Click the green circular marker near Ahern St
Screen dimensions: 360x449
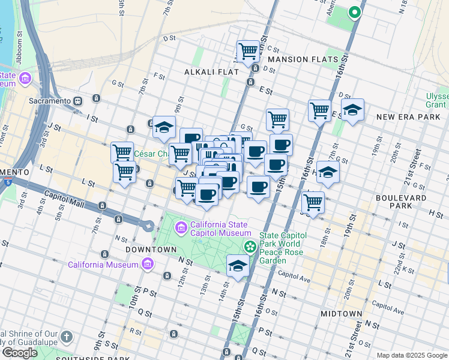354,11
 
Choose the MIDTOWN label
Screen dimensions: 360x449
342,314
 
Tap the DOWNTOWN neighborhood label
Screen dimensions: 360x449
150,248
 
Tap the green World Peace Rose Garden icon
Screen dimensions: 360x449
250,247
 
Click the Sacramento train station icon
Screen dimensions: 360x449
78,101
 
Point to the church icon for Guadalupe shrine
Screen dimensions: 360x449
66,337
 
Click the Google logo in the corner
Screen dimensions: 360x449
20,353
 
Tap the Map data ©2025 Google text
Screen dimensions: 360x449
411,355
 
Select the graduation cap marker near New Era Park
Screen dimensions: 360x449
352,110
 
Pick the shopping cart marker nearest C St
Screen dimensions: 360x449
248,51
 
